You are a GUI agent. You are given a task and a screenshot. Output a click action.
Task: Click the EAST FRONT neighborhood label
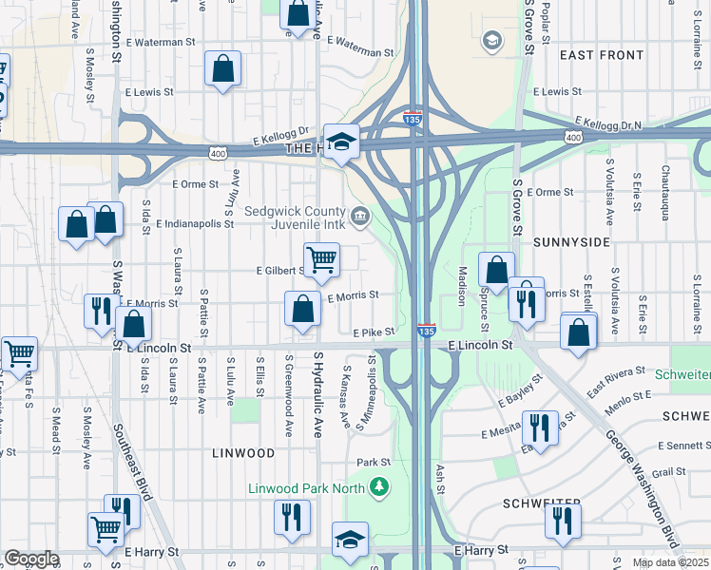602,55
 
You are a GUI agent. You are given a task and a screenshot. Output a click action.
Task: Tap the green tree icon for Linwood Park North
380,487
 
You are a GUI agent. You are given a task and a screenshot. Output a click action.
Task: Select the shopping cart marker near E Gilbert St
322,259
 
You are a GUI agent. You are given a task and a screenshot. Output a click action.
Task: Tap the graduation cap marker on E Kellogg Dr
341,141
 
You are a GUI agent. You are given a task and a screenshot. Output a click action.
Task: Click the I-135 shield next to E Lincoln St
427,330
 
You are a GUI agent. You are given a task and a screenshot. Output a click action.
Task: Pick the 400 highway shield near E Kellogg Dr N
572,138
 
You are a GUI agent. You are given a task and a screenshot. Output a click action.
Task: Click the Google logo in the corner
31,559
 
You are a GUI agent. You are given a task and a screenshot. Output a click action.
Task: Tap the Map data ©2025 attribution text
669,562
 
